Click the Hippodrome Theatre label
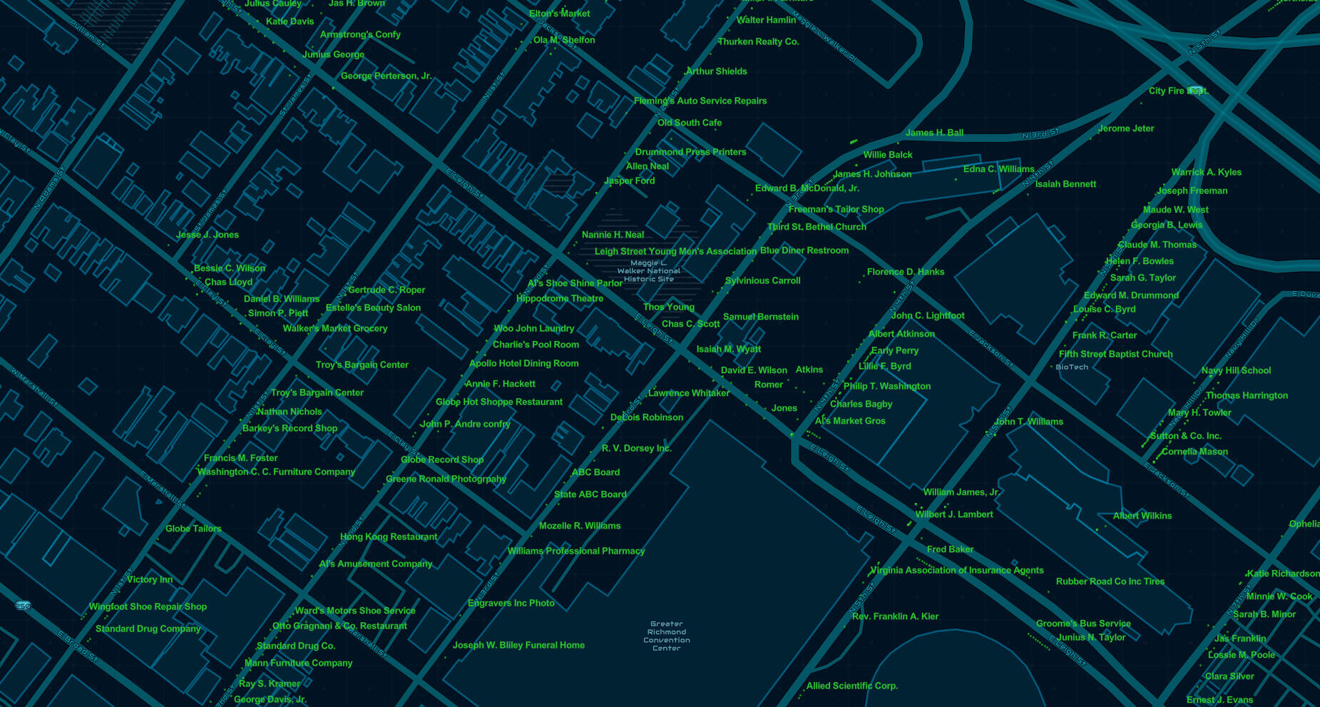pyautogui.click(x=560, y=299)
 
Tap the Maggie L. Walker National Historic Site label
pyautogui.click(x=649, y=271)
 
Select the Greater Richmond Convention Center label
pyautogui.click(x=666, y=636)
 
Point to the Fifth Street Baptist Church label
pyautogui.click(x=1115, y=355)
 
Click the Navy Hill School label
pyautogui.click(x=1236, y=371)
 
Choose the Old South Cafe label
pyautogui.click(x=690, y=123)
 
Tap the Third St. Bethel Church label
pyautogui.click(x=817, y=227)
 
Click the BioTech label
pyautogui.click(x=1072, y=367)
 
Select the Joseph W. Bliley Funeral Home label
pyautogui.click(x=518, y=646)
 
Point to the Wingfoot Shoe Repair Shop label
pyautogui.click(x=148, y=607)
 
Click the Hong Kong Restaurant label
pyautogui.click(x=389, y=537)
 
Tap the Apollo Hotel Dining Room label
pyautogui.click(x=523, y=364)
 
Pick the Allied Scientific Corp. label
pyautogui.click(x=851, y=686)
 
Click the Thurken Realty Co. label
pyautogui.click(x=758, y=42)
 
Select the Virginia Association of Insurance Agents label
pyautogui.click(x=956, y=571)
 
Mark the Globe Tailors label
pyautogui.click(x=193, y=529)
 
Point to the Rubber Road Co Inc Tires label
pyautogui.click(x=1110, y=582)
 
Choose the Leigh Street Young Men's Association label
pyautogui.click(x=675, y=252)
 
